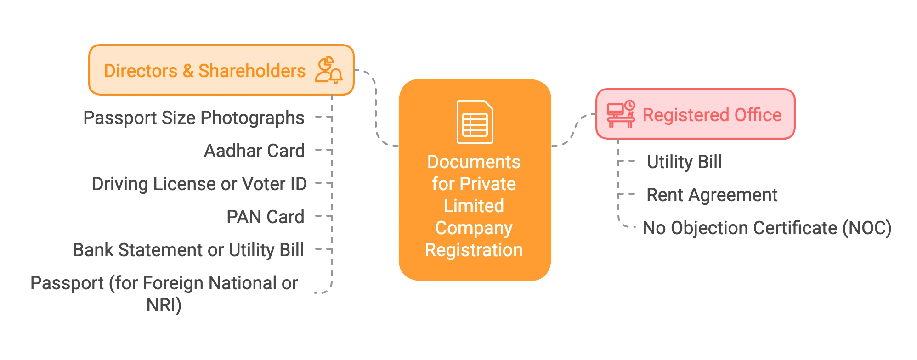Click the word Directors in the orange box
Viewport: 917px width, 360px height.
pyautogui.click(x=141, y=71)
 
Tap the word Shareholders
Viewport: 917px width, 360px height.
pyautogui.click(x=252, y=71)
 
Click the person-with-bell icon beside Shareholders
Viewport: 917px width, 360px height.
pyautogui.click(x=328, y=70)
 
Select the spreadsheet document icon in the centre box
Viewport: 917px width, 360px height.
pyautogui.click(x=475, y=122)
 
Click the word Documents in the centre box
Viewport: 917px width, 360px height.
pyautogui.click(x=474, y=162)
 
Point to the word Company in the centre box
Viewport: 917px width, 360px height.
pyautogui.click(x=474, y=228)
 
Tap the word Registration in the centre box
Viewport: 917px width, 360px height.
pyautogui.click(x=474, y=250)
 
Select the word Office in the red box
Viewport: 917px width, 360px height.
pyautogui.click(x=758, y=115)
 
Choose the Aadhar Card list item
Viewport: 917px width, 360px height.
pyautogui.click(x=254, y=151)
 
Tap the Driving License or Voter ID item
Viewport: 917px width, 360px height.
pyautogui.click(x=199, y=184)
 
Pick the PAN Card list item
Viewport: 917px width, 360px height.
pyautogui.click(x=265, y=216)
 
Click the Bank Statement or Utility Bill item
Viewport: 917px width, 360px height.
pyautogui.click(x=189, y=250)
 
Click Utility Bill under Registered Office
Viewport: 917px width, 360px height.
pyautogui.click(x=685, y=161)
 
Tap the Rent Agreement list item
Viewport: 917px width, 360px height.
pyautogui.click(x=712, y=195)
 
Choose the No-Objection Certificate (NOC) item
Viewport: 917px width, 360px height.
pyautogui.click(x=768, y=228)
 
